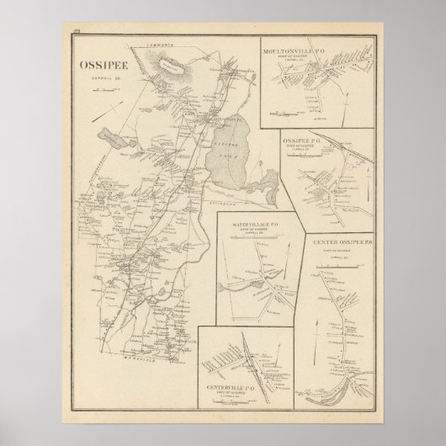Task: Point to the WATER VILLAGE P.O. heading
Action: pos(258,226)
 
